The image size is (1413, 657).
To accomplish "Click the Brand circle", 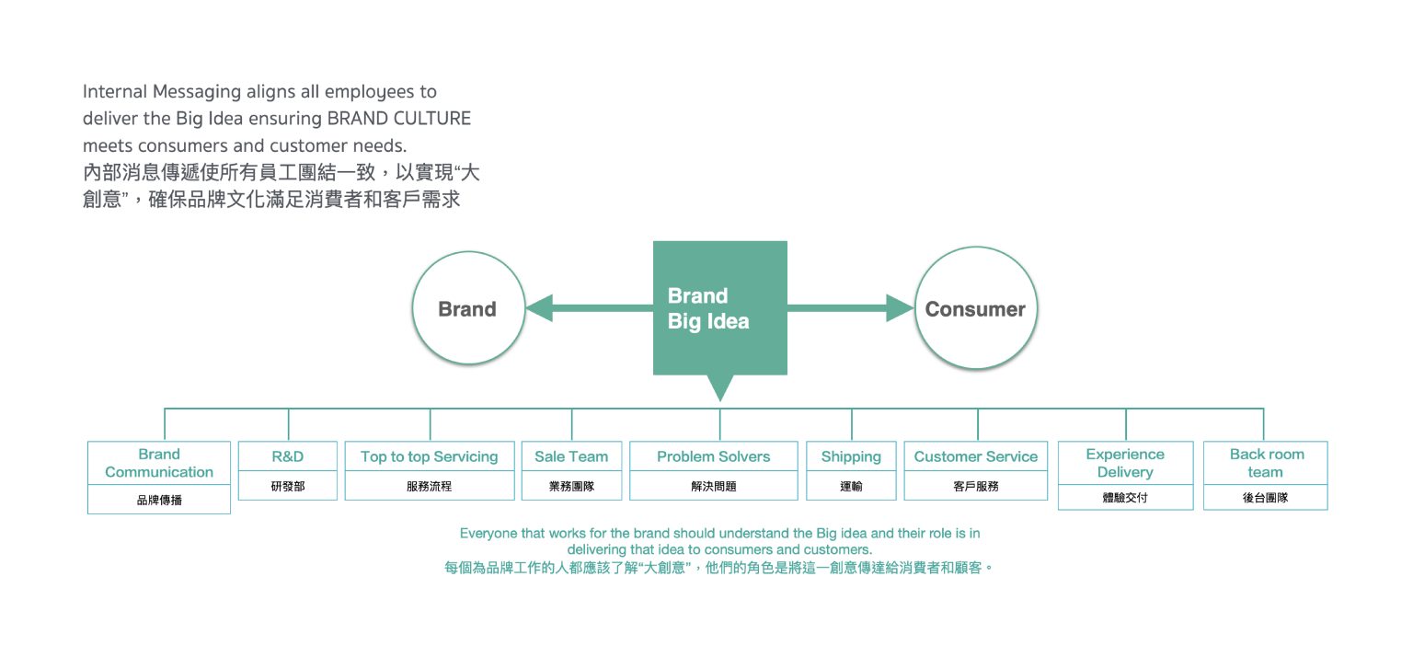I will (x=467, y=309).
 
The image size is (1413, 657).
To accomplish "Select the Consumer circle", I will (x=975, y=309).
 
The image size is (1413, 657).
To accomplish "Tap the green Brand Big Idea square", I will (x=719, y=308).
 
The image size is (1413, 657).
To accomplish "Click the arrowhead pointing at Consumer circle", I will (x=901, y=308).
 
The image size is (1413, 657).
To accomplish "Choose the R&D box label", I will (x=288, y=456).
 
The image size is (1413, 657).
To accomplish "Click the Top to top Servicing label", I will (x=430, y=456).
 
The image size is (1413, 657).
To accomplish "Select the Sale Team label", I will (x=571, y=456).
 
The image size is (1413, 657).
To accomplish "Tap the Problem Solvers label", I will (x=714, y=456).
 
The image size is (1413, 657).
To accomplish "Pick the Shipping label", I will (x=851, y=456).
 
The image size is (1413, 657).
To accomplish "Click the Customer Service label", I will (x=976, y=456).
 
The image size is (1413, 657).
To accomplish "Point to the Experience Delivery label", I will (x=1125, y=463).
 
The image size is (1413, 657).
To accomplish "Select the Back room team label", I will (x=1266, y=463).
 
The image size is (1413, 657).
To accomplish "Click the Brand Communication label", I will (x=159, y=463).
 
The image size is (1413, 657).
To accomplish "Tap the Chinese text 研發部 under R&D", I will (x=288, y=486).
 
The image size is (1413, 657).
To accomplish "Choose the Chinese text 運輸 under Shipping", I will (x=851, y=486).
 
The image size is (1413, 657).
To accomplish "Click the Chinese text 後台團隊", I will (x=1266, y=498).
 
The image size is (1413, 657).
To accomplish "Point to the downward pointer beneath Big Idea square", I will (x=720, y=387).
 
